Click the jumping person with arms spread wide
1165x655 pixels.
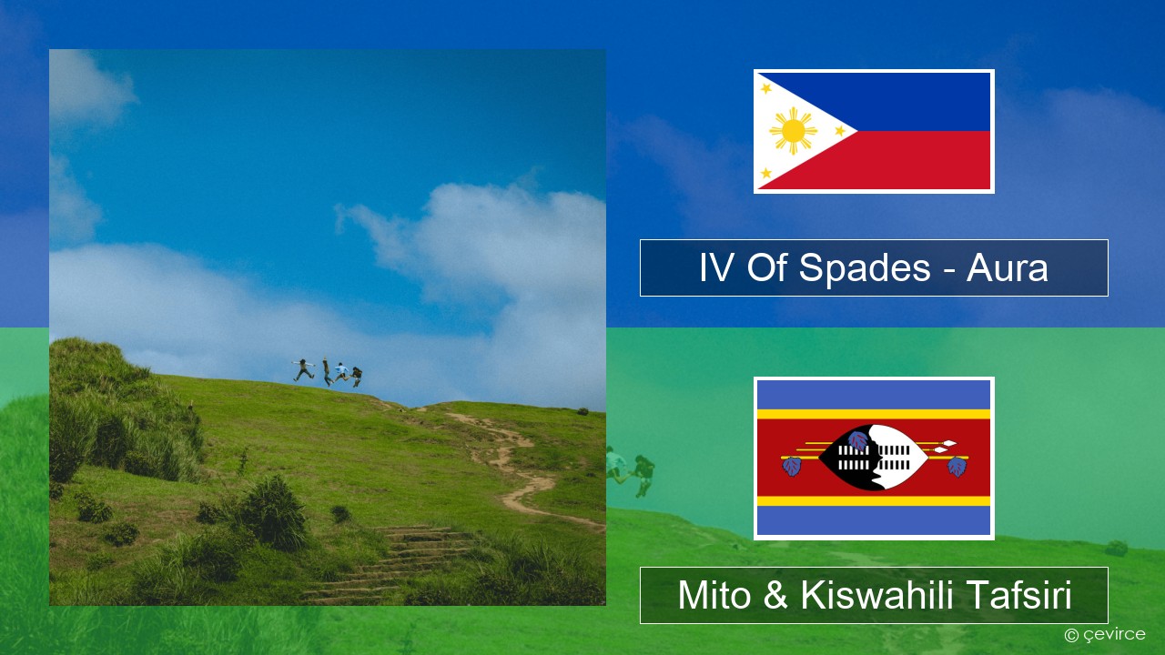tap(304, 369)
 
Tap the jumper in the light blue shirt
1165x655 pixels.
tap(341, 372)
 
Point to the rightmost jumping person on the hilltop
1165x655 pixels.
tap(356, 377)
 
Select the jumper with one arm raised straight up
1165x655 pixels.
tap(327, 371)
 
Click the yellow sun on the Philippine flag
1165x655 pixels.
tap(793, 131)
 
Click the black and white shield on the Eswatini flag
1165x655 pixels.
tap(874, 458)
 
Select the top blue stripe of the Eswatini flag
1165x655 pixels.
tap(874, 395)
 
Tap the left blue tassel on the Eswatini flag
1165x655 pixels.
tap(792, 466)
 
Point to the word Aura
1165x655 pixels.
tap(1007, 268)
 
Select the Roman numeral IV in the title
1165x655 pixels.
tap(716, 267)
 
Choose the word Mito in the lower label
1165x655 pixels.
tap(714, 595)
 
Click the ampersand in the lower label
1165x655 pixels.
tap(775, 595)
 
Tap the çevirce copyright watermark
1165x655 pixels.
tap(1105, 635)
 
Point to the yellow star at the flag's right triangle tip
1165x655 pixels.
tap(840, 131)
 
